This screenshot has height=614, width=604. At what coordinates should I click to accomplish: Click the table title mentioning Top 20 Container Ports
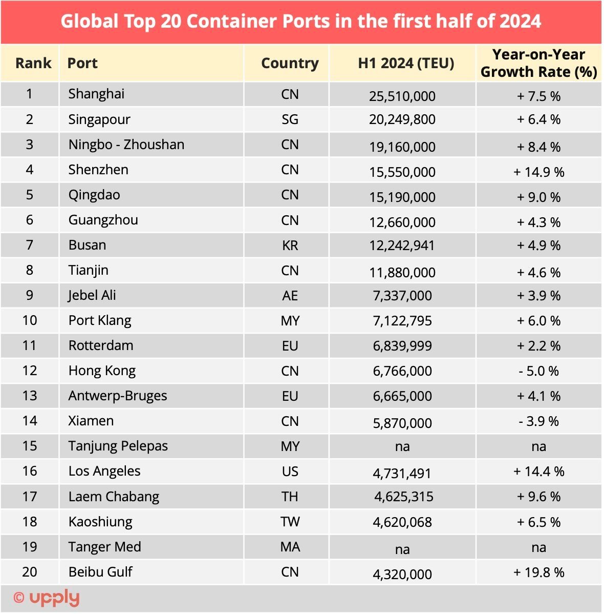coord(300,22)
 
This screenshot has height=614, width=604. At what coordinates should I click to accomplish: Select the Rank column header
coord(33,63)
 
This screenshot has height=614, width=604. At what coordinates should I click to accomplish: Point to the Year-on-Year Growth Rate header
coord(538,63)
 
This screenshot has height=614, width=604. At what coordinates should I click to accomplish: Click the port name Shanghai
coord(96,94)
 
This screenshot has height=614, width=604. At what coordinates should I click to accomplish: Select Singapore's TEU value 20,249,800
coord(402,119)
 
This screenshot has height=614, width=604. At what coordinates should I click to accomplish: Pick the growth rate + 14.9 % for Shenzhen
coord(538,172)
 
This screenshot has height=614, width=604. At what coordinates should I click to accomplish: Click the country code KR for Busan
coord(290,245)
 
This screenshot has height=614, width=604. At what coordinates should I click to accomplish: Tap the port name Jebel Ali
coord(92,295)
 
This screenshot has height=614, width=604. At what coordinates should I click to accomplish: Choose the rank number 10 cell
coord(30,320)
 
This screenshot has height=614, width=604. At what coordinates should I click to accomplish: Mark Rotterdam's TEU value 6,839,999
coord(402,346)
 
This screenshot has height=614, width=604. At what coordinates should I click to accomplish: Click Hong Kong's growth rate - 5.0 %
coord(538,371)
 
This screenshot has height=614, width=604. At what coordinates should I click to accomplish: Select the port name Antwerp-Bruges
coord(118,396)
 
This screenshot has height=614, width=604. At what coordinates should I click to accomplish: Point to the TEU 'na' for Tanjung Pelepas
coord(402,446)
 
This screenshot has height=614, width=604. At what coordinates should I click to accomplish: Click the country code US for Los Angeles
coord(290,471)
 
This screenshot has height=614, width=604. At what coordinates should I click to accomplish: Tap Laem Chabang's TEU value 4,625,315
coord(404,497)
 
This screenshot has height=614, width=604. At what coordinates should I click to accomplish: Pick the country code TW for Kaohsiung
coord(290,522)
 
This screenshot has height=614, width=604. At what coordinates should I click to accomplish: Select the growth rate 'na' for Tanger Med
coord(538,547)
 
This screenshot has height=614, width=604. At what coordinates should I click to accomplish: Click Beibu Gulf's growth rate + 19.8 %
coord(538,572)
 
